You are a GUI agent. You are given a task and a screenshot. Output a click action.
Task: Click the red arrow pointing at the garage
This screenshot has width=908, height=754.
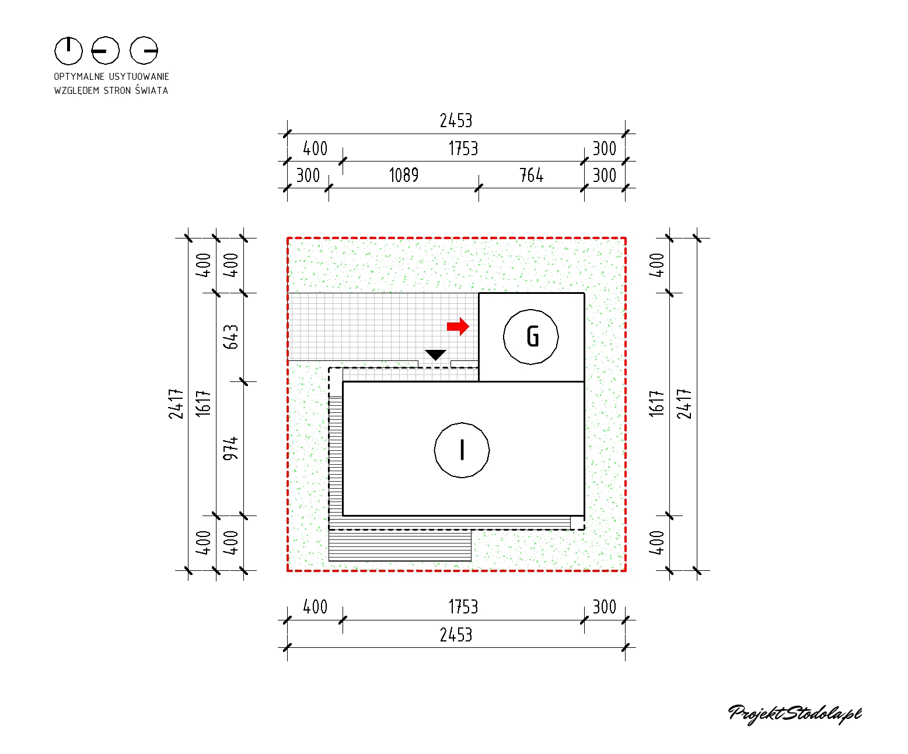click(458, 327)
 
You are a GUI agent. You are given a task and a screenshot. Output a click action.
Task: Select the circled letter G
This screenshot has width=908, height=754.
click(531, 337)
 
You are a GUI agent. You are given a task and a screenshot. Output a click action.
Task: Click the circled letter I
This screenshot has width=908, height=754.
click(462, 450)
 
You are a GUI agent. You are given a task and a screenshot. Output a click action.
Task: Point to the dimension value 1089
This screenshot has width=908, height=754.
click(404, 176)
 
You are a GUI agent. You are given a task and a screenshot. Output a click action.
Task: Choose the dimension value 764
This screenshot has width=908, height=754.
click(532, 176)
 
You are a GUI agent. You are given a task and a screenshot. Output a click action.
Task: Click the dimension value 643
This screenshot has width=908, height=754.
click(231, 337)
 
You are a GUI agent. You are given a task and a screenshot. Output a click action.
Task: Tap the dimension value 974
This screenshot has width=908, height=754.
click(231, 448)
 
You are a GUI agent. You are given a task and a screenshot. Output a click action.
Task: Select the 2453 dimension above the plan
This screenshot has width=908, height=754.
click(456, 121)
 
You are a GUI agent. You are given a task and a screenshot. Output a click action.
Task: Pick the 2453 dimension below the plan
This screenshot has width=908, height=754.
click(456, 635)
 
